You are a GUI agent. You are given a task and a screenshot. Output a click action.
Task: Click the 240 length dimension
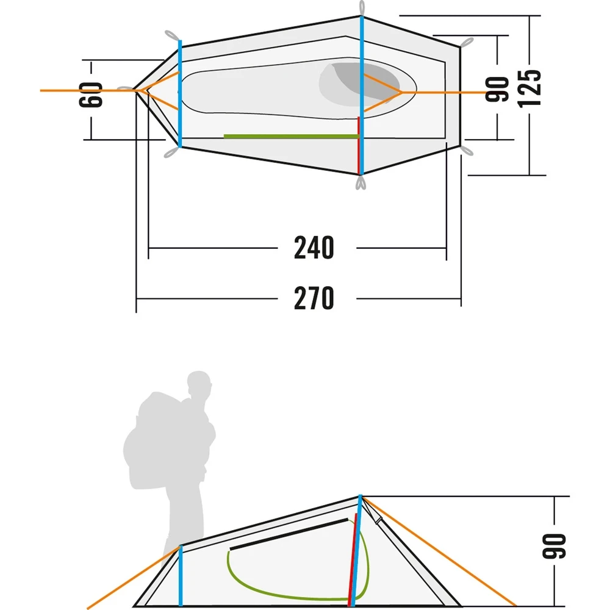[314, 248]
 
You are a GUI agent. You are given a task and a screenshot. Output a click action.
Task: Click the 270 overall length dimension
[314, 298]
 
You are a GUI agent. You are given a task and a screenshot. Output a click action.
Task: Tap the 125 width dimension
[529, 88]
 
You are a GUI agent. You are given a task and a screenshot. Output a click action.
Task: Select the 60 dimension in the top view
[91, 95]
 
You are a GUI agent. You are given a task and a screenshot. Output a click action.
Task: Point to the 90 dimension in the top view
[497, 89]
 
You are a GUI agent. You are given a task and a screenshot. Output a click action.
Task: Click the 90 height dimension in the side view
[554, 546]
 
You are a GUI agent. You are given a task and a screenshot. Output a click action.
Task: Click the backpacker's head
[199, 383]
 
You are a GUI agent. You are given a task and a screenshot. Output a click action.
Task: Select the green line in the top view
[291, 136]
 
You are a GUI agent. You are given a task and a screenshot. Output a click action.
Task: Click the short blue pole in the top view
[180, 93]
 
